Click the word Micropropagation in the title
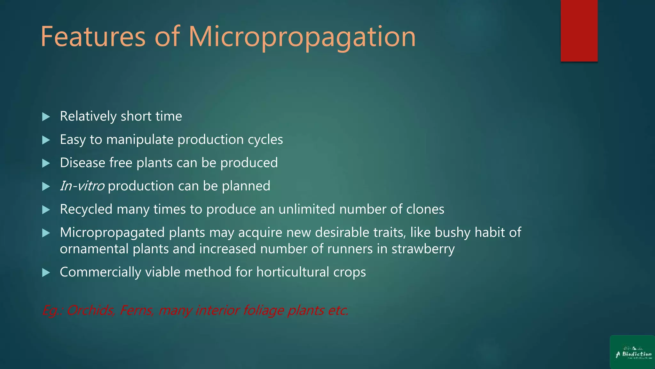tap(302, 37)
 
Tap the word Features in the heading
tap(93, 37)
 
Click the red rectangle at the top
tap(579, 30)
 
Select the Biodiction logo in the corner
tap(632, 352)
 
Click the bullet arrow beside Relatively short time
tap(46, 117)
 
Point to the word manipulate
tap(140, 140)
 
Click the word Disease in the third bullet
tap(83, 163)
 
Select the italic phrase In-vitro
tap(82, 186)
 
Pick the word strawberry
tap(423, 249)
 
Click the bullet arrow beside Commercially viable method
tap(46, 273)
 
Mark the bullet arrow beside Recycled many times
tap(46, 210)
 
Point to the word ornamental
tap(94, 249)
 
